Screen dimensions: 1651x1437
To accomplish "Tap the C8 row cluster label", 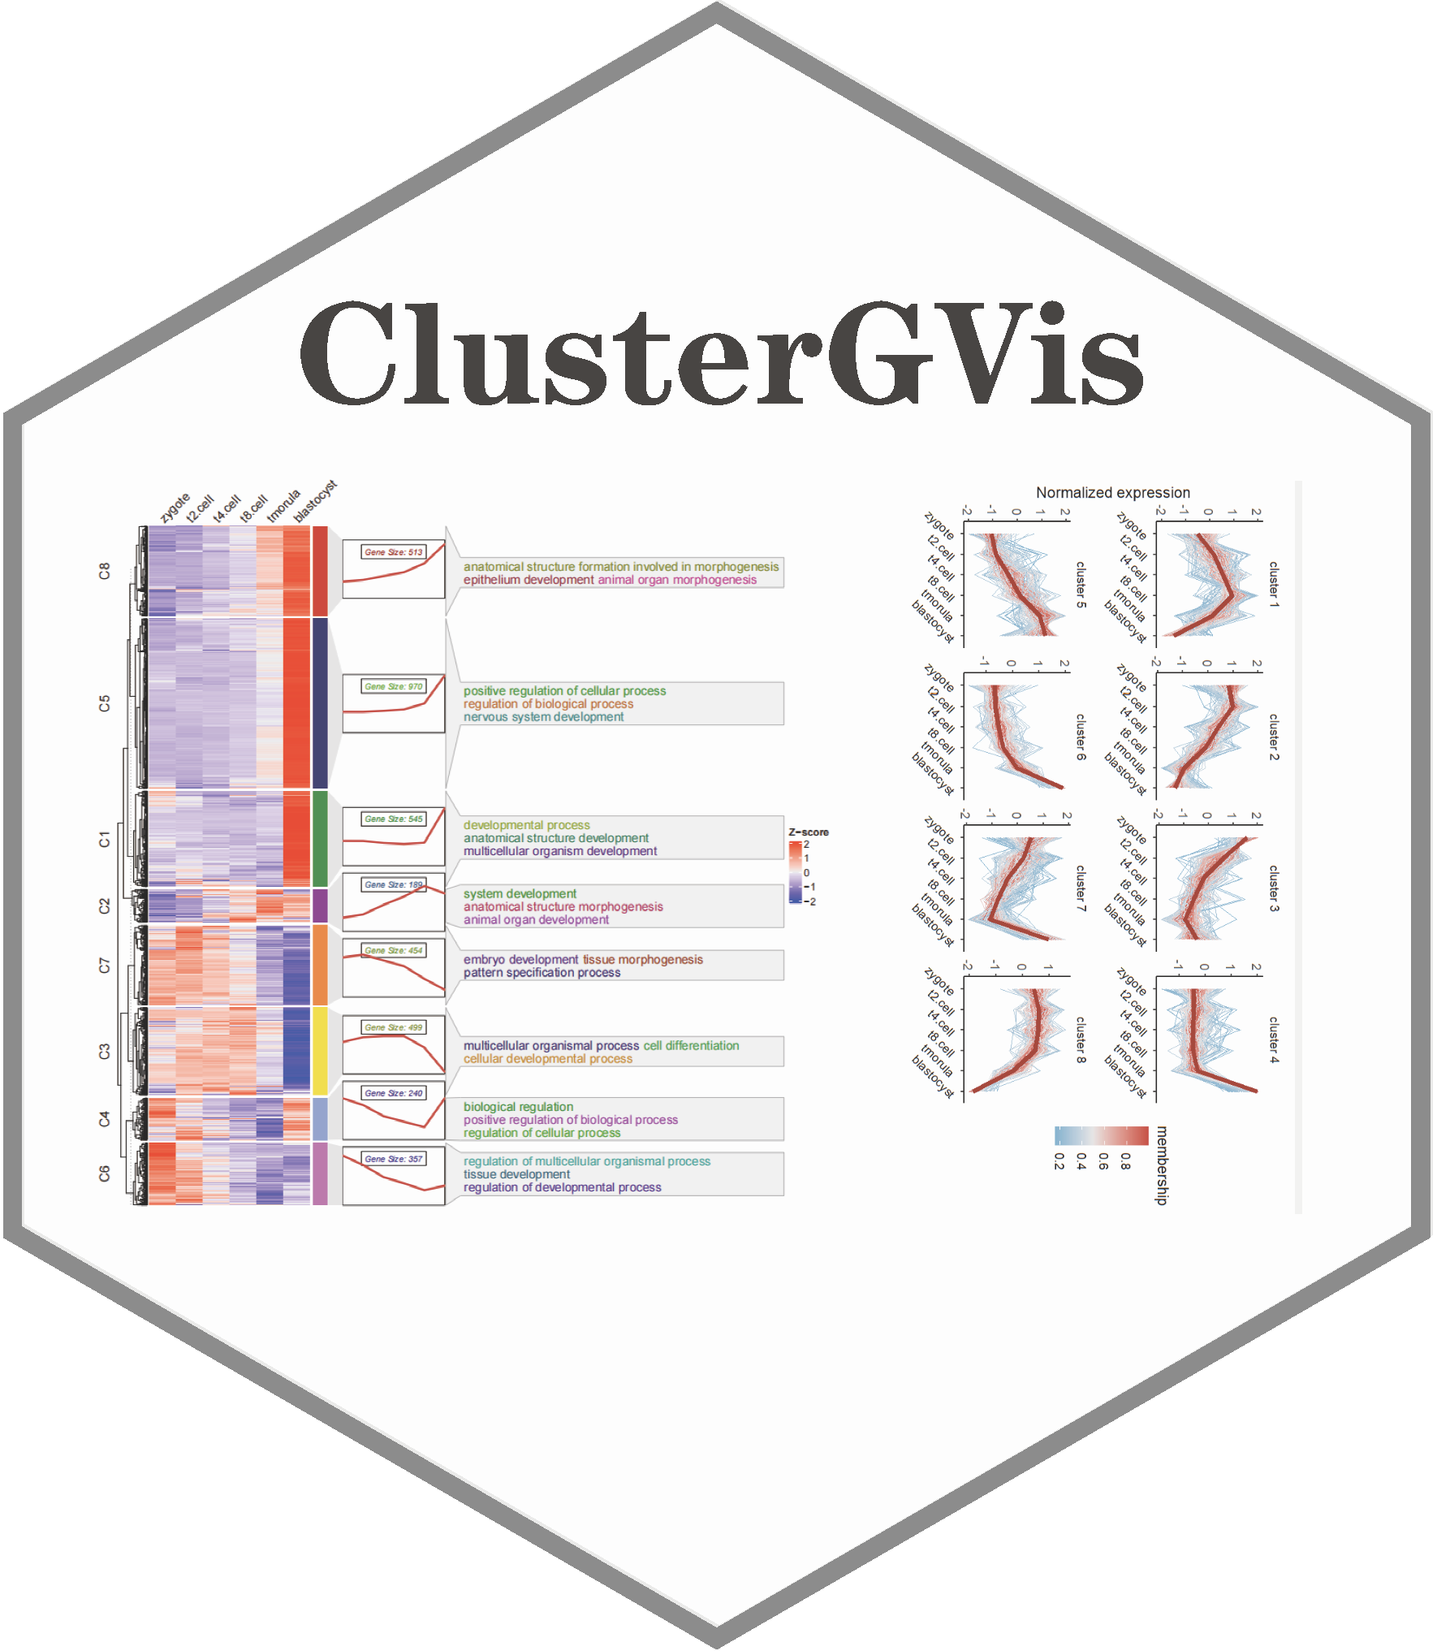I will pos(104,571).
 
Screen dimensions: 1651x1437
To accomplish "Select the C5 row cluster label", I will pos(104,703).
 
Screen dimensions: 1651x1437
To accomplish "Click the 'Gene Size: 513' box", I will pos(394,552).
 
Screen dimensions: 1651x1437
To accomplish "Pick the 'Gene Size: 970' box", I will pos(394,687).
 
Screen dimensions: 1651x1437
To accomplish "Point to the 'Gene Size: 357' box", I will pos(394,1159).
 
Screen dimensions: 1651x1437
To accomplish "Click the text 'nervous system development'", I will pos(543,717).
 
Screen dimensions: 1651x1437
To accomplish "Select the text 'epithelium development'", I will pos(529,580).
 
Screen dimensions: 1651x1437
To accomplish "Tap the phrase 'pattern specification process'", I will pos(542,973).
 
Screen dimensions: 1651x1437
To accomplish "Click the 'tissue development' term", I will pos(516,1174).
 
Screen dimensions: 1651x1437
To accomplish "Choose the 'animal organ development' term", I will pos(536,920).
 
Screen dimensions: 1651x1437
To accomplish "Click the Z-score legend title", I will pos(809,832).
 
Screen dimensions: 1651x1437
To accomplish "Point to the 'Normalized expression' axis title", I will pos(1112,493).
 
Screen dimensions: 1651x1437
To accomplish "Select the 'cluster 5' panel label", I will pos(1081,585).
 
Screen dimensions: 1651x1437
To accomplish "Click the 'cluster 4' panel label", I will pos(1273,1039).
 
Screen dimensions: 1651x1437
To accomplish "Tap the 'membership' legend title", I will pos(1163,1165).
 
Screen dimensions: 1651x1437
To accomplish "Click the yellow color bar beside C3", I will pos(320,1051).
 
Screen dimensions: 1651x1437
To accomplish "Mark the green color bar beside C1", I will pos(320,838).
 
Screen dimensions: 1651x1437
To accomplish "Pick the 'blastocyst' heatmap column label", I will pos(315,502).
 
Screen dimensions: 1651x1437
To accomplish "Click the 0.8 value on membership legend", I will pos(1125,1161).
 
